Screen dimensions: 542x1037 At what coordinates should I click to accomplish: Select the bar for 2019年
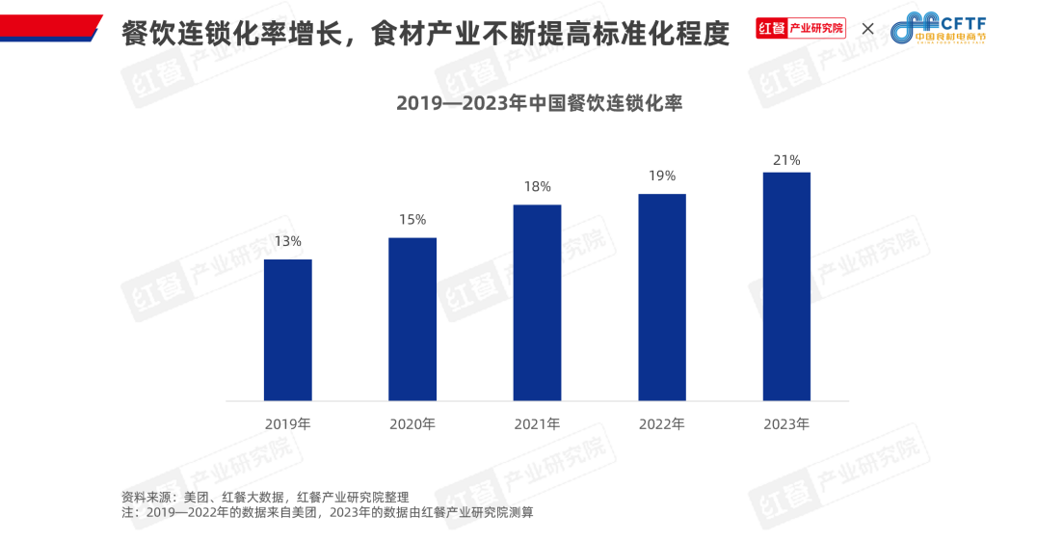point(287,330)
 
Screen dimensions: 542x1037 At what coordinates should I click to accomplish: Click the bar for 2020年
point(412,319)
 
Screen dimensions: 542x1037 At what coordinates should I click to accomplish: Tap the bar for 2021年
point(537,303)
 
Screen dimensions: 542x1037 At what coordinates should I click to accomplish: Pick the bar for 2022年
point(662,297)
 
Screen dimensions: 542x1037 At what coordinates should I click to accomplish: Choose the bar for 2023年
point(786,286)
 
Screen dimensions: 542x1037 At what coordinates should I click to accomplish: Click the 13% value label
point(287,241)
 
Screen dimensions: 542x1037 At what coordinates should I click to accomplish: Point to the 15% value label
point(412,220)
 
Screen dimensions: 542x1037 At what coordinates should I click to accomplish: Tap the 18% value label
point(537,187)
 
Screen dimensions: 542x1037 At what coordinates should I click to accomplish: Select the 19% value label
point(662,176)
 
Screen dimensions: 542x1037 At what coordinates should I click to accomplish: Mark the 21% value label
point(786,160)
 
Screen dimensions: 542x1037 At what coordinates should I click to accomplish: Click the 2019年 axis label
point(287,423)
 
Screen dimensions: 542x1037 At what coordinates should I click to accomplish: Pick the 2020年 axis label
point(412,423)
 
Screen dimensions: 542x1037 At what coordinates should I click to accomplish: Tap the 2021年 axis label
point(537,423)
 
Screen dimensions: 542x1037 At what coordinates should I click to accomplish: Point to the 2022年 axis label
point(662,423)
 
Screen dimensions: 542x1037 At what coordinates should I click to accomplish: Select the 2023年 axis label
point(786,423)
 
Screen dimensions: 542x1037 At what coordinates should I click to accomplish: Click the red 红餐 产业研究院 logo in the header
point(800,28)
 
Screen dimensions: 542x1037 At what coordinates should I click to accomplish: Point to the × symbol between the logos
point(867,29)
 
